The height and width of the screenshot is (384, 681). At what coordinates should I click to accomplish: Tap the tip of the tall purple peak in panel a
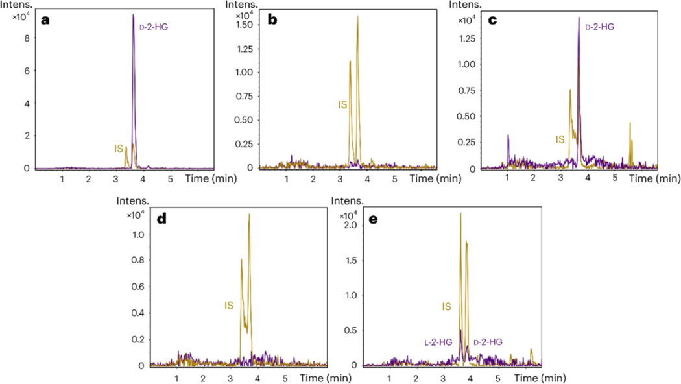tap(134, 14)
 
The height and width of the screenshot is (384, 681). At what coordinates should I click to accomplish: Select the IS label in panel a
tap(119, 149)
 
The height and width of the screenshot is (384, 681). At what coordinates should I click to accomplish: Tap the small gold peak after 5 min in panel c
tap(630, 123)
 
